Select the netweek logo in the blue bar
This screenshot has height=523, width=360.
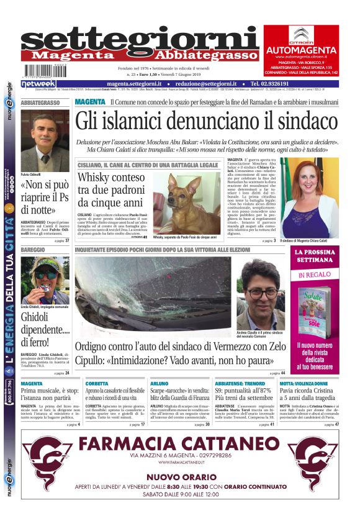[x=38, y=83]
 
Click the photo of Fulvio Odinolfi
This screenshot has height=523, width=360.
[x=45, y=141]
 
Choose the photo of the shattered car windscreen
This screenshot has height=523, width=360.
[x=152, y=297]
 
